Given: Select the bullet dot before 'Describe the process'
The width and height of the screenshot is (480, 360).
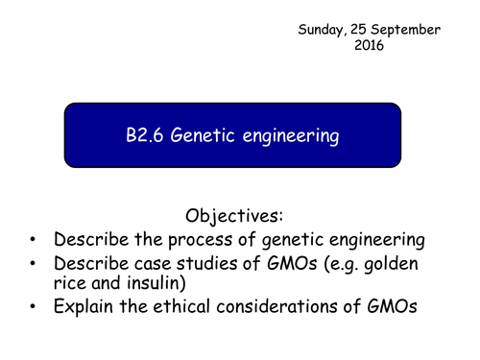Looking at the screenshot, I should [x=35, y=240].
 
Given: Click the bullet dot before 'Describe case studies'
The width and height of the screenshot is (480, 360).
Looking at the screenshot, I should [x=35, y=265].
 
